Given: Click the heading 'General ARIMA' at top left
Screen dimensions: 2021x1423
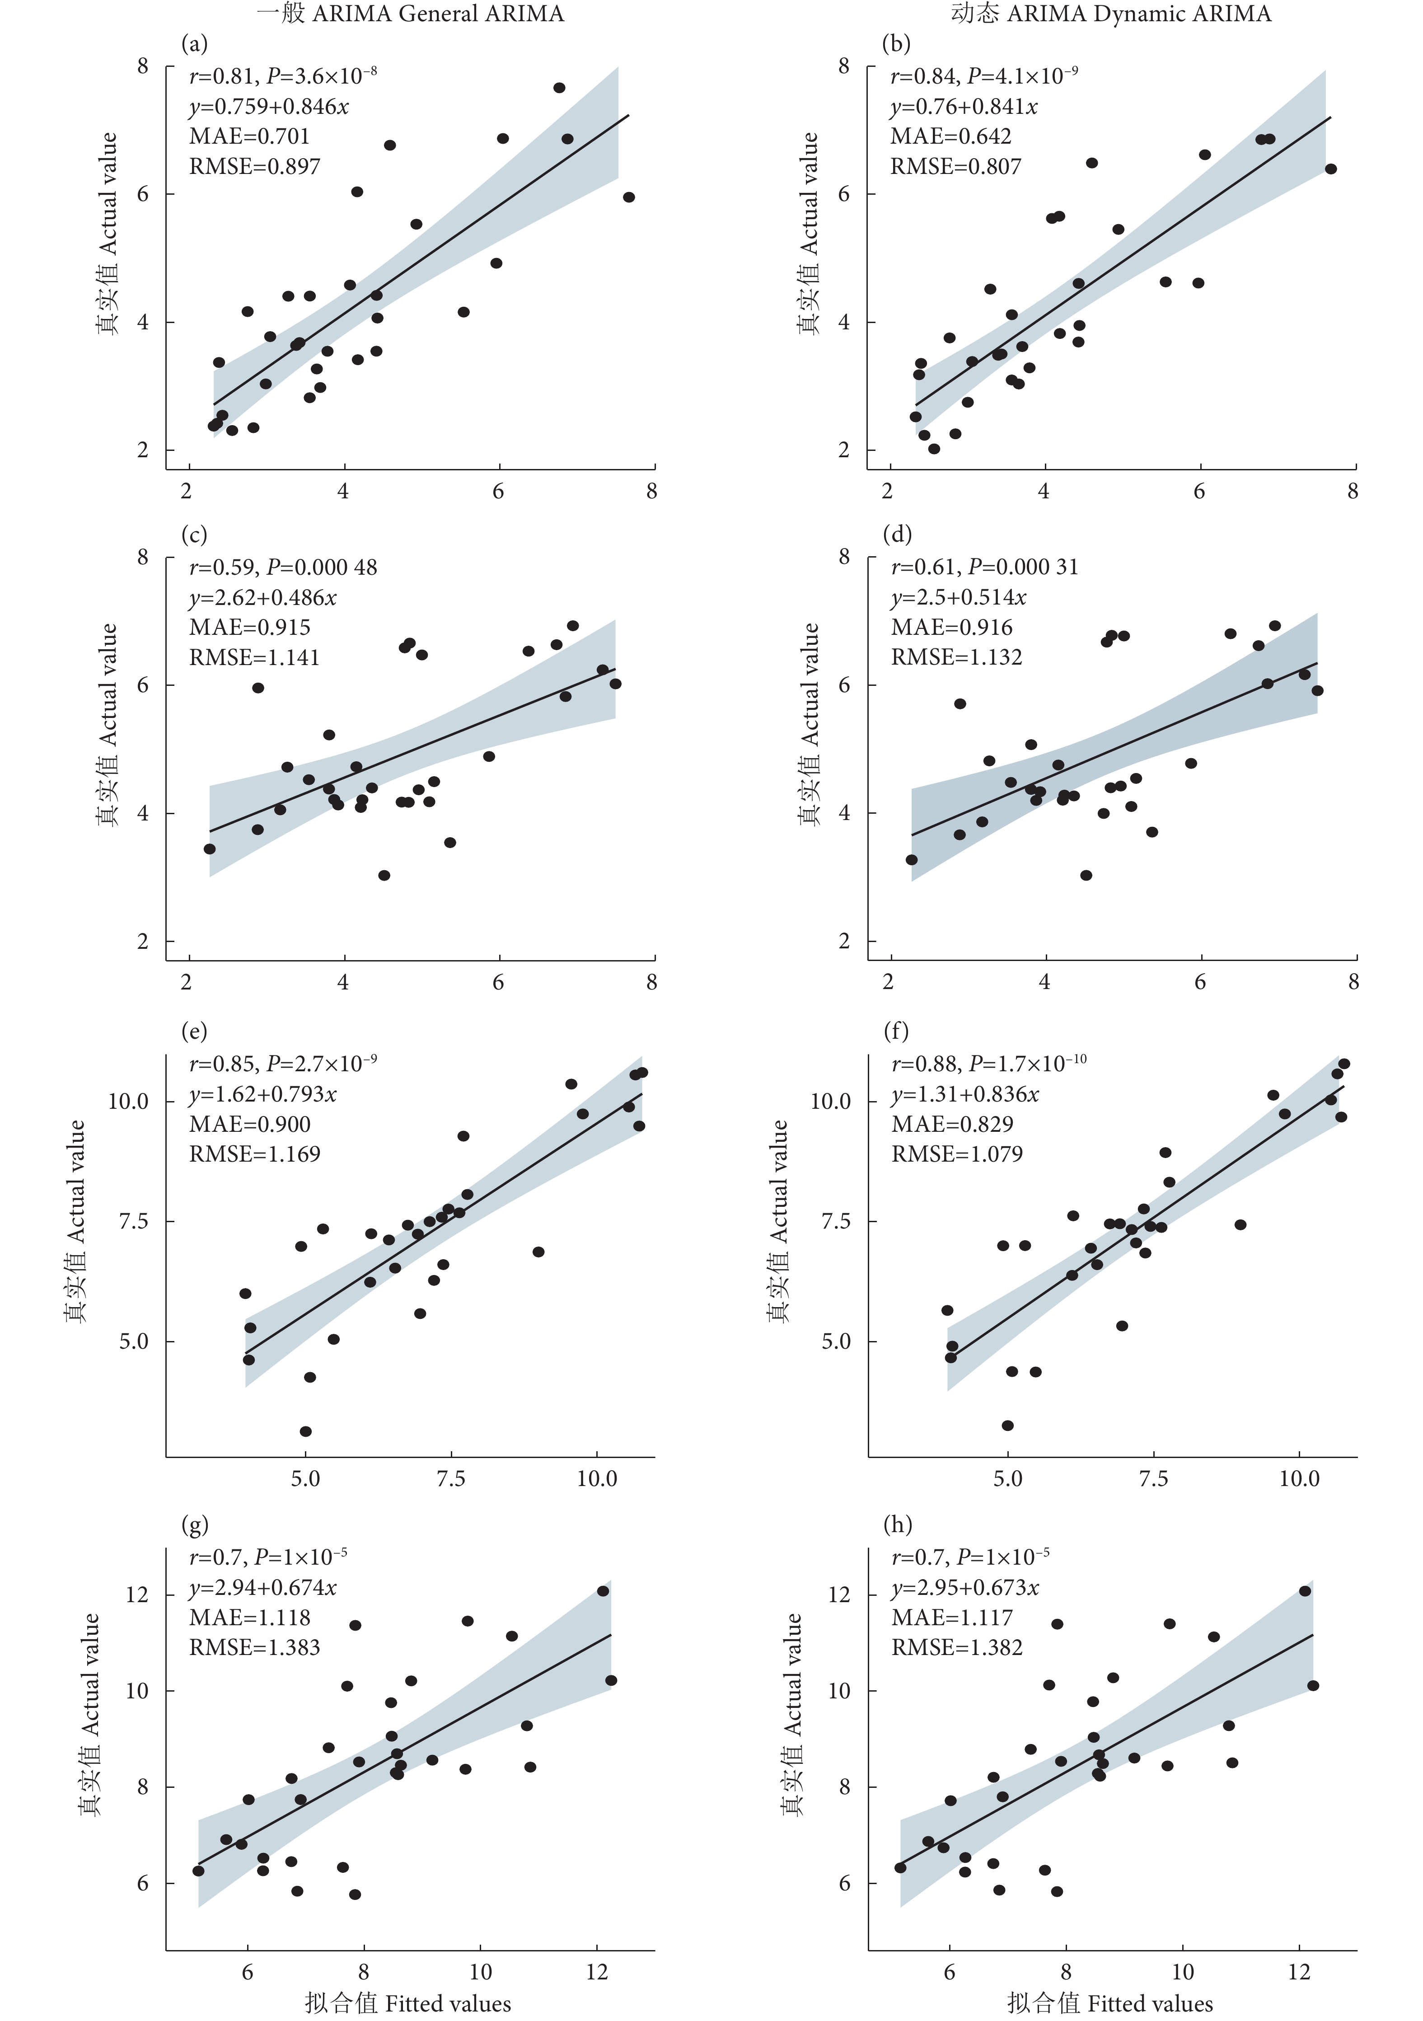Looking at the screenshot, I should (410, 14).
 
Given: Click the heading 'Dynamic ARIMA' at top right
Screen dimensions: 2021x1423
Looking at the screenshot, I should (1110, 14).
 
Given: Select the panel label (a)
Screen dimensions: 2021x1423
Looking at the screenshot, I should (194, 43).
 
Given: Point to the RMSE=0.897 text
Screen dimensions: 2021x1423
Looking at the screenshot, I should (254, 166).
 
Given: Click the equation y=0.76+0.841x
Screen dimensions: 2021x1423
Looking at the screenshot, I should (964, 107).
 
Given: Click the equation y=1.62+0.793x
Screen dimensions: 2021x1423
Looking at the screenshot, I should (263, 1094).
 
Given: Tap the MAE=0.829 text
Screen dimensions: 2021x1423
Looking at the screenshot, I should (952, 1124).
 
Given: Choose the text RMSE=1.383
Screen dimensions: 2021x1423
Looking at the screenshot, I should (254, 1647).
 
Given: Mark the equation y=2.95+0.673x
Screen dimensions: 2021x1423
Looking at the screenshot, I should (965, 1588).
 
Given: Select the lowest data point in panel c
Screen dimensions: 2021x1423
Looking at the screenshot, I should (384, 875).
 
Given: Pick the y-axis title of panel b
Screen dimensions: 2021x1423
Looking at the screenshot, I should (808, 233).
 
